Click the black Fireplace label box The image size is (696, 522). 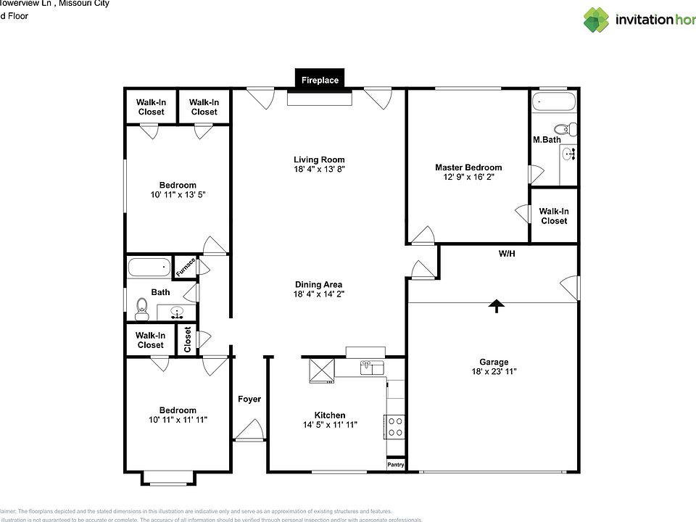click(320, 80)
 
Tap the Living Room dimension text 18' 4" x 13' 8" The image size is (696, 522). click(319, 169)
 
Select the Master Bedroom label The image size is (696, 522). click(468, 167)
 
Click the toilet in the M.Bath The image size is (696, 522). click(571, 130)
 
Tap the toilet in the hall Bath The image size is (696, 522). click(142, 310)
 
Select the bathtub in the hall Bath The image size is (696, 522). click(149, 268)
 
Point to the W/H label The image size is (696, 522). click(507, 254)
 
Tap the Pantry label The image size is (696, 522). click(396, 465)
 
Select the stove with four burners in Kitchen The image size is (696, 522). click(396, 426)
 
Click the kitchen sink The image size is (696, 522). click(372, 368)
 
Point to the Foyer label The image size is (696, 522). click(249, 399)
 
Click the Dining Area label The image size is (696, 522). click(319, 284)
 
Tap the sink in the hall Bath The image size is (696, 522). click(176, 312)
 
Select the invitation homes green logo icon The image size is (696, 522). click(597, 20)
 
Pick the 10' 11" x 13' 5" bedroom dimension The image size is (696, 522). click(178, 195)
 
